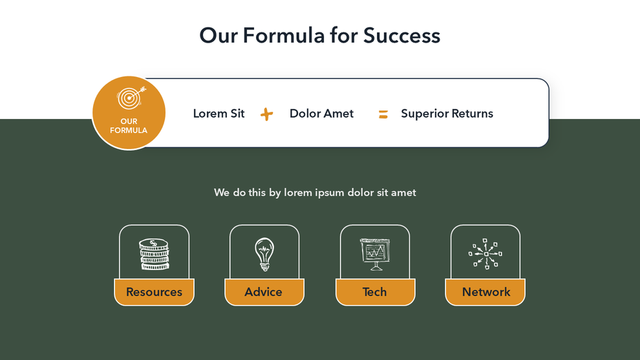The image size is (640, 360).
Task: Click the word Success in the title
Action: [x=401, y=35]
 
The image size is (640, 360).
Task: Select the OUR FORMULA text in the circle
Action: [x=129, y=126]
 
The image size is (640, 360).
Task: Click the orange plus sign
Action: [x=266, y=114]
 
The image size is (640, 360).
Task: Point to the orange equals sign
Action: [x=383, y=114]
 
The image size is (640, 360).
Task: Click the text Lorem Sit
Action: [x=219, y=114]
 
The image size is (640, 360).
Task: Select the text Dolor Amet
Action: [x=321, y=114]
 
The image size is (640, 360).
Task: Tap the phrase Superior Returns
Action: [x=447, y=114]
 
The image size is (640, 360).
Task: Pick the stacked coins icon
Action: [x=154, y=254]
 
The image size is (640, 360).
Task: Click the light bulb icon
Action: [x=264, y=254]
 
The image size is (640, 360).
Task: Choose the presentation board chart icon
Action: [x=375, y=254]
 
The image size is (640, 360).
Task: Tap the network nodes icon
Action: [x=485, y=254]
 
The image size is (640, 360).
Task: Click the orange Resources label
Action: [x=154, y=292]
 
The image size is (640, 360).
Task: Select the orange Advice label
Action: [x=264, y=292]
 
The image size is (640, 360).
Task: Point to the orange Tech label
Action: [x=375, y=292]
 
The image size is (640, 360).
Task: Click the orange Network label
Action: [x=485, y=292]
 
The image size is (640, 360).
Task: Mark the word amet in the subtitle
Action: [x=403, y=193]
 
